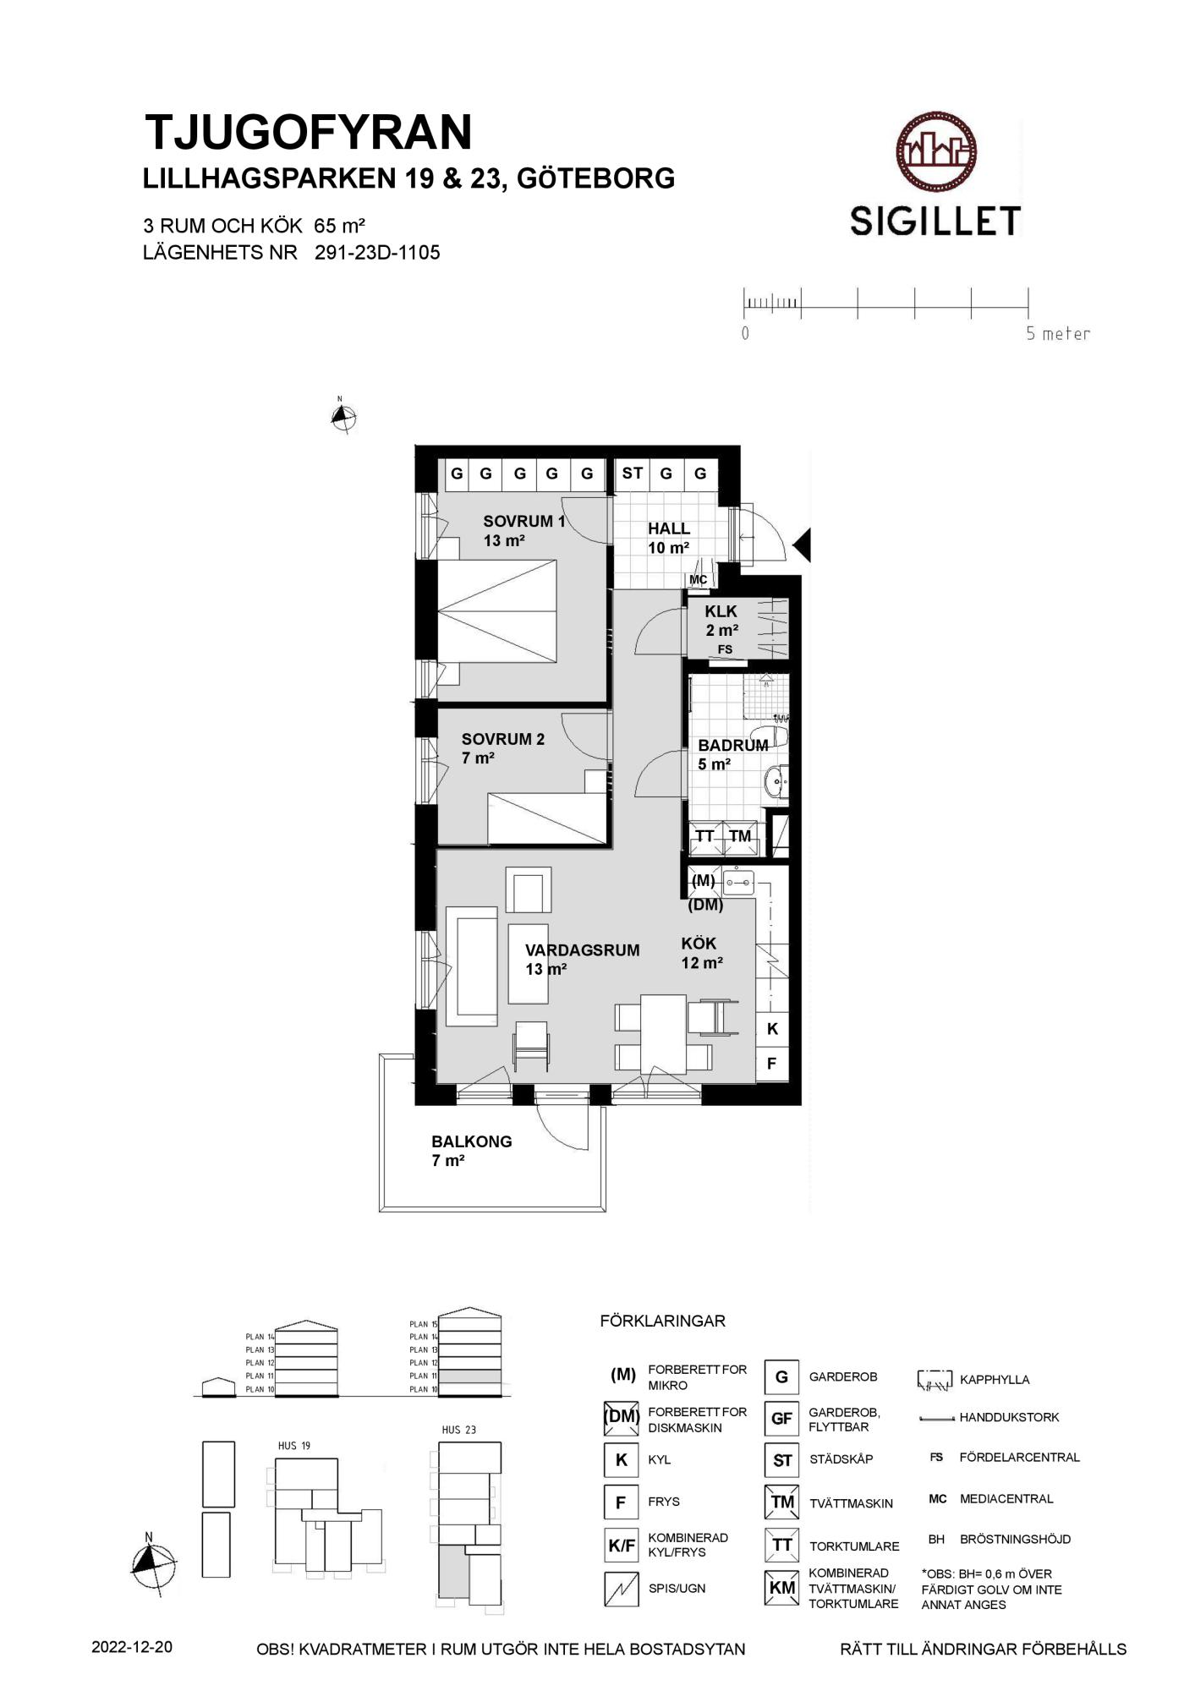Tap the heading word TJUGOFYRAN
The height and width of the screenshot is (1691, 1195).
[x=309, y=133]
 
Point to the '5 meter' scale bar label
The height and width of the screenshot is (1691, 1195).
[x=1058, y=333]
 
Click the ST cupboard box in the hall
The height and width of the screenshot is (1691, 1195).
[x=633, y=473]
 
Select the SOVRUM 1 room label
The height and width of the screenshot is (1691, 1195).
[x=523, y=522]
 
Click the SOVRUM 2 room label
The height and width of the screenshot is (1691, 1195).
[x=503, y=739]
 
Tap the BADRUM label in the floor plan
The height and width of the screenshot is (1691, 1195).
[x=732, y=746]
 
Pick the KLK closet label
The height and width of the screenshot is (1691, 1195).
[x=721, y=611]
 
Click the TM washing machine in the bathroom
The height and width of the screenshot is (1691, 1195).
[x=740, y=837]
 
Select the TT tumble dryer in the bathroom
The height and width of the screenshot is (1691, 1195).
[x=705, y=837]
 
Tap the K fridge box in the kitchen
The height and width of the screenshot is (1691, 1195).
[x=772, y=1029]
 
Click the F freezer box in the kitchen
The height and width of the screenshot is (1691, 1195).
[x=772, y=1064]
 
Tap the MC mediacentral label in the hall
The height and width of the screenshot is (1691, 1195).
[x=699, y=580]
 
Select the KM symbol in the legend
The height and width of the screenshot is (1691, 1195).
[x=782, y=1588]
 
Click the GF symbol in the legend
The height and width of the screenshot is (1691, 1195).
[x=781, y=1419]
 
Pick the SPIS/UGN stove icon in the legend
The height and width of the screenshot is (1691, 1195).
[x=622, y=1589]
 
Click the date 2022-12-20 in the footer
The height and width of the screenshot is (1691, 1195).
[x=132, y=1648]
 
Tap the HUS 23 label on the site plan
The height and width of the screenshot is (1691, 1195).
[x=459, y=1430]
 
